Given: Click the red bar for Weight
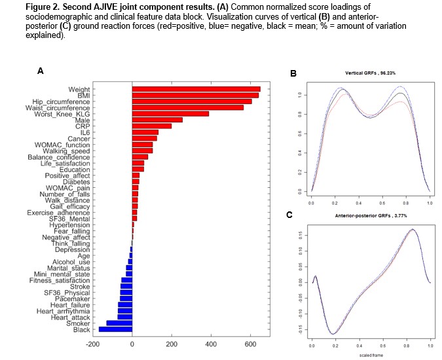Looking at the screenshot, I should coord(196,89).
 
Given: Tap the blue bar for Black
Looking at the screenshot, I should coord(115,329).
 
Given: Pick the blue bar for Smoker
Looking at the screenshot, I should coord(119,323).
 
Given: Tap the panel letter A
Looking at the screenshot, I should coord(40,70).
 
